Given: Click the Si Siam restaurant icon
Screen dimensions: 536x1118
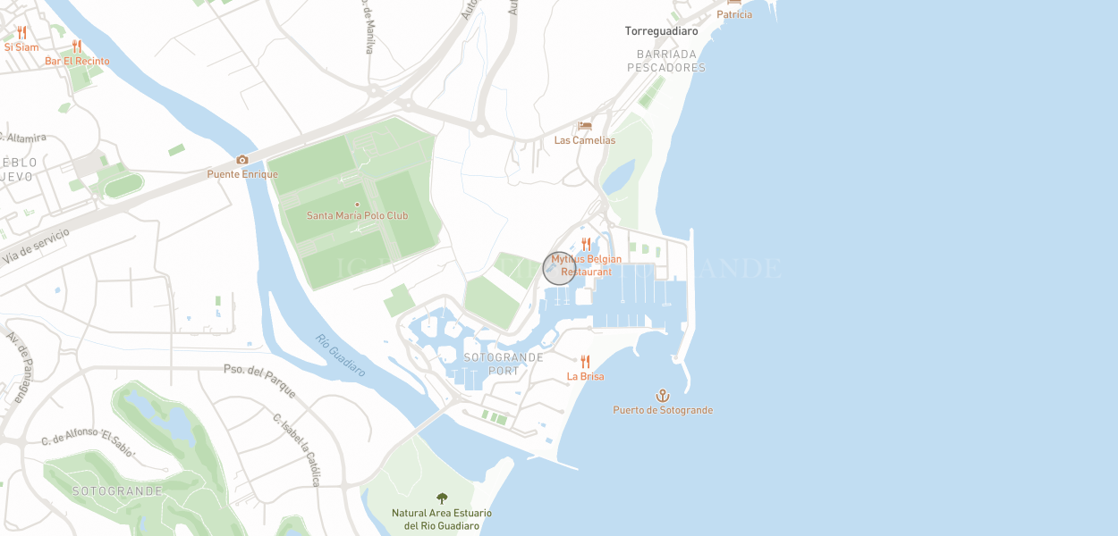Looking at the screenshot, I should [x=21, y=33].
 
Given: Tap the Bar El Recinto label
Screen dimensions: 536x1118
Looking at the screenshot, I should [x=78, y=62].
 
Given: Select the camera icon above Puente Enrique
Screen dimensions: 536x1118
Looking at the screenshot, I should [x=242, y=160].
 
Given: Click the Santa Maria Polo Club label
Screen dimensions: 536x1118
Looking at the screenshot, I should [x=357, y=215].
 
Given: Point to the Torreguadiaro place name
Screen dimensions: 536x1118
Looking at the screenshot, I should [x=661, y=31].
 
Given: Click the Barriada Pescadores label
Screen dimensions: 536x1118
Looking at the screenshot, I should [x=666, y=61].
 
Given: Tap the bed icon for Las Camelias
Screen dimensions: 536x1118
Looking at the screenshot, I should [x=585, y=126].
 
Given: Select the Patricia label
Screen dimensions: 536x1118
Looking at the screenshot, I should [x=734, y=14].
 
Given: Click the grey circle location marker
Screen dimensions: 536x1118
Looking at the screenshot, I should [x=559, y=268].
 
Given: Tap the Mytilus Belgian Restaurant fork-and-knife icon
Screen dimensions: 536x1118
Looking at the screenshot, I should [x=587, y=244].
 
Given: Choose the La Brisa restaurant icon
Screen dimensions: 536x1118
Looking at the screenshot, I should [x=586, y=362].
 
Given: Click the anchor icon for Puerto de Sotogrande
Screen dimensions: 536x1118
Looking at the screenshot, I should [x=663, y=395].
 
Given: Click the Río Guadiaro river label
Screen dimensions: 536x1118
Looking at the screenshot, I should [x=340, y=355].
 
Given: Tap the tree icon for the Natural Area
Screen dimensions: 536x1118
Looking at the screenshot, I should [x=442, y=498].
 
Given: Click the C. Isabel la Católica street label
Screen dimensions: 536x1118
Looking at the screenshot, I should [x=296, y=449].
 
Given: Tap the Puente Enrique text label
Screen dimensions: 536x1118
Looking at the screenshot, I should [x=242, y=174].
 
